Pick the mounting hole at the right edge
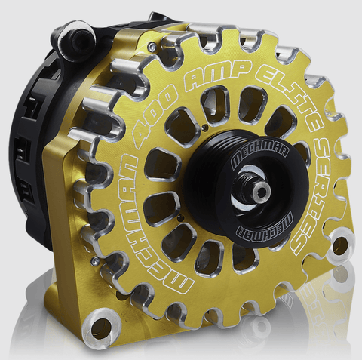339,245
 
